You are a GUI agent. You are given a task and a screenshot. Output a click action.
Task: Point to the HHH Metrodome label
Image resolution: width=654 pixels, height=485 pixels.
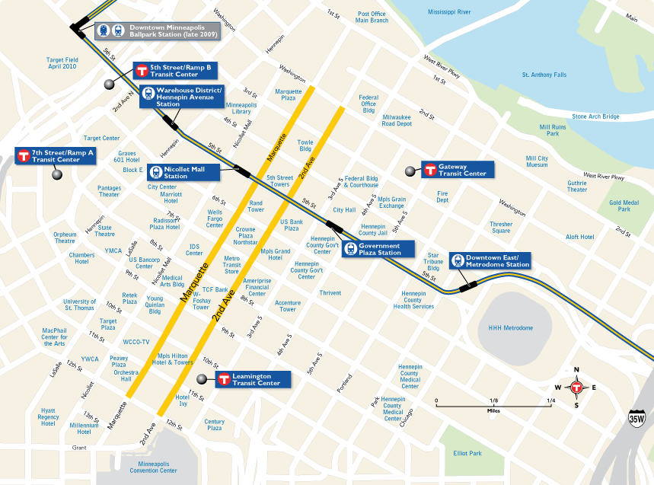(x=510, y=328)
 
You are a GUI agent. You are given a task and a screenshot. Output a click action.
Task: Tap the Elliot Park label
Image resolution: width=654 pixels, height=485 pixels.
(x=467, y=454)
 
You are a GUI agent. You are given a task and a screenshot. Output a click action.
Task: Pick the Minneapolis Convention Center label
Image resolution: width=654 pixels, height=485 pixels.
(x=158, y=467)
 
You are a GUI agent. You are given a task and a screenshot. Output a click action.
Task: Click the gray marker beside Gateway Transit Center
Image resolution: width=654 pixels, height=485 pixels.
(x=411, y=171)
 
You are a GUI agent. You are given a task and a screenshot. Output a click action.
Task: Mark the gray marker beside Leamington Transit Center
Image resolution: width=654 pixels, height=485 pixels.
(x=201, y=379)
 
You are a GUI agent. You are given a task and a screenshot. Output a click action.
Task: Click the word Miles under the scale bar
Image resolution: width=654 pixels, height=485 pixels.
(x=494, y=410)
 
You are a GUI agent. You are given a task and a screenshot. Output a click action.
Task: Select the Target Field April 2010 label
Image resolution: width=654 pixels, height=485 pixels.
(x=62, y=63)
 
